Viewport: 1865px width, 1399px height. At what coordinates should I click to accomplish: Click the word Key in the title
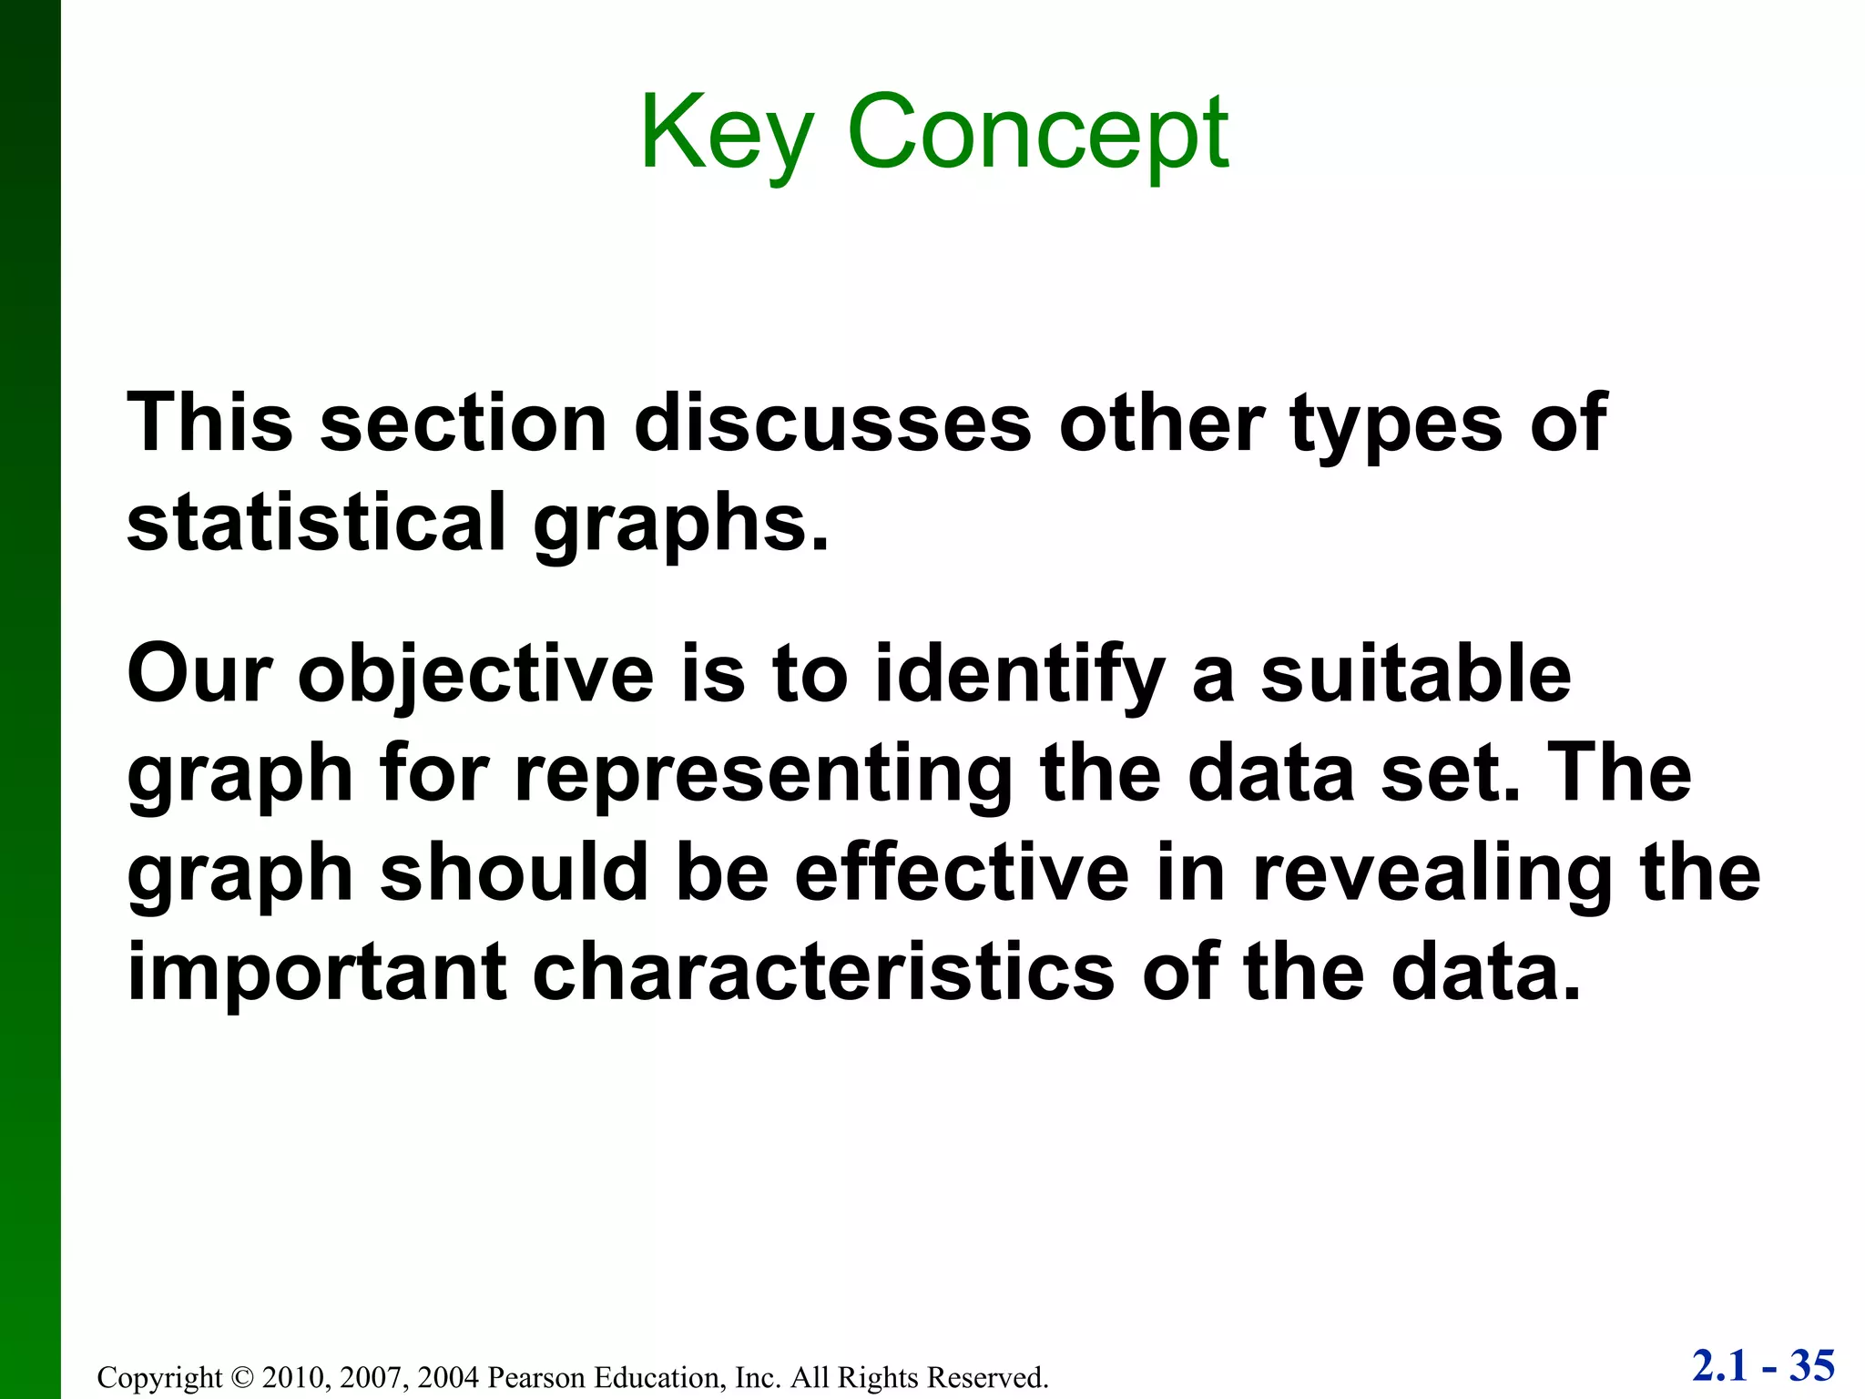pyautogui.click(x=724, y=135)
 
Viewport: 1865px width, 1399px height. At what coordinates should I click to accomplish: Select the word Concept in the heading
pyautogui.click(x=1038, y=135)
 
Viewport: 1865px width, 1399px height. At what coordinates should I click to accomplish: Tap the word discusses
pyautogui.click(x=832, y=423)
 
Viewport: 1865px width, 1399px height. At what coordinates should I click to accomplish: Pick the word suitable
pyautogui.click(x=1416, y=674)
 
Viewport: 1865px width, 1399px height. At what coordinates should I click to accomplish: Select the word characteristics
pyautogui.click(x=823, y=972)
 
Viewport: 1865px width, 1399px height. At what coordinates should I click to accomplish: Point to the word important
pyautogui.click(x=317, y=972)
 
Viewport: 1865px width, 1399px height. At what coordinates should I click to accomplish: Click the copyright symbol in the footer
pyautogui.click(x=241, y=1377)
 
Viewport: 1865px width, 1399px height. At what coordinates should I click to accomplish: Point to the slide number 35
pyautogui.click(x=1812, y=1366)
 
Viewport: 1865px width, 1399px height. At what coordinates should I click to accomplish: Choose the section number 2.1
pyautogui.click(x=1720, y=1366)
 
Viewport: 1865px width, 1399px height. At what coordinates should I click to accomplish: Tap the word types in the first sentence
pyautogui.click(x=1396, y=423)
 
